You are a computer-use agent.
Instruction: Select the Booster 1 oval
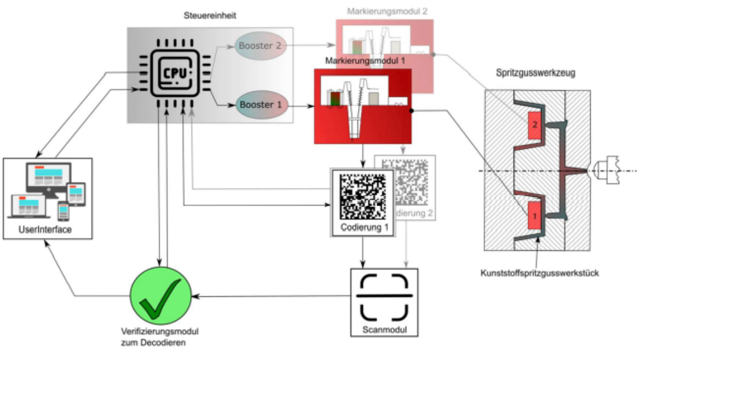[262, 104]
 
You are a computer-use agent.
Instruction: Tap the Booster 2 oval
[259, 46]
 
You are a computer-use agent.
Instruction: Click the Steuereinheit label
[210, 16]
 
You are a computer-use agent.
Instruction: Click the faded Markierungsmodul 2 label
[387, 11]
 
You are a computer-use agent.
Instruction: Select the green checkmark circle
[160, 296]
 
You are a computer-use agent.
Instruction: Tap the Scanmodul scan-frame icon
[384, 297]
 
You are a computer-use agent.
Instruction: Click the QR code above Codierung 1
[362, 196]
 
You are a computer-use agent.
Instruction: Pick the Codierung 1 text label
[362, 227]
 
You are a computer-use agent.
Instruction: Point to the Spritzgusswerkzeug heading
[535, 73]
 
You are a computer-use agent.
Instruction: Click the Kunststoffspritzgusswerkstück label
[539, 273]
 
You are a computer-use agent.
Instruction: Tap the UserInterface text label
[45, 230]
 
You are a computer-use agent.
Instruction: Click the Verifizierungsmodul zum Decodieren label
[159, 337]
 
